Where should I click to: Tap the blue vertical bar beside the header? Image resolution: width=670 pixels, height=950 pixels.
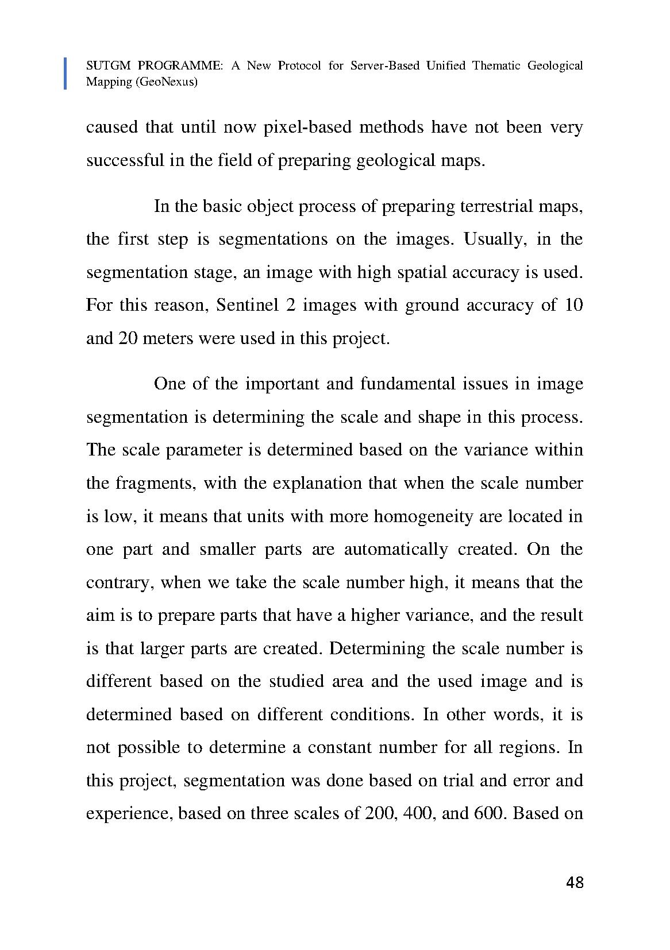[x=65, y=74]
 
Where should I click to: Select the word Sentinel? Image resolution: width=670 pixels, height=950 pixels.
[x=248, y=305]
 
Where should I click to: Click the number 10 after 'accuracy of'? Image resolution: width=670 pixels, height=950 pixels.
[x=573, y=305]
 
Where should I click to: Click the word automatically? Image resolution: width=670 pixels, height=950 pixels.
[x=395, y=550]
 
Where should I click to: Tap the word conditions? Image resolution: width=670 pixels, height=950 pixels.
[x=371, y=715]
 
